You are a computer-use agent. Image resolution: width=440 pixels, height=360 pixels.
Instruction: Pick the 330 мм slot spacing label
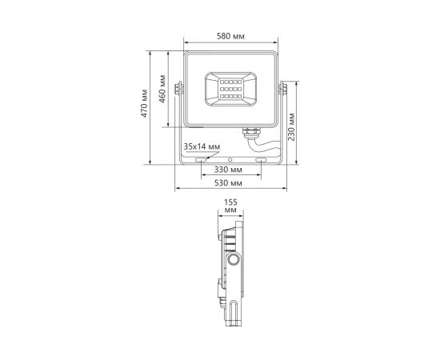pyautogui.click(x=230, y=170)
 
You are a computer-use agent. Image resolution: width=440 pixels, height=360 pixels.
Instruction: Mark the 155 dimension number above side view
pyautogui.click(x=231, y=203)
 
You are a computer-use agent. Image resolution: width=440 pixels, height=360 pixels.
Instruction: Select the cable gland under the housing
pyautogui.click(x=250, y=130)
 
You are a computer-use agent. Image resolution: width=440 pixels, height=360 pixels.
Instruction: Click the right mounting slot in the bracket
pyautogui.click(x=262, y=160)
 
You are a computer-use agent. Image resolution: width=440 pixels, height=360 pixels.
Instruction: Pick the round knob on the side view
pyautogui.click(x=234, y=261)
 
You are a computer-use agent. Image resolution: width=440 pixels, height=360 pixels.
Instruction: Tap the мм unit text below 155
pyautogui.click(x=231, y=212)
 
